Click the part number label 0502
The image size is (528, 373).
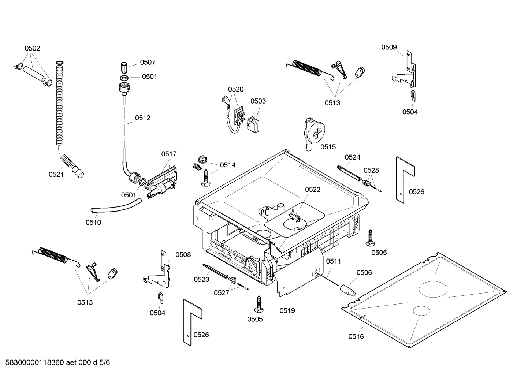(32, 48)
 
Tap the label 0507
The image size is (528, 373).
(148, 63)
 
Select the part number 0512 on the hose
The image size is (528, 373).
(142, 118)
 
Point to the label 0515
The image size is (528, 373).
(328, 147)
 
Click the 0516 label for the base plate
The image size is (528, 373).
(356, 336)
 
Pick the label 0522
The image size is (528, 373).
(312, 189)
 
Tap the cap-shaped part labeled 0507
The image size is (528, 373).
(124, 68)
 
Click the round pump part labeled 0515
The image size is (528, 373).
(313, 134)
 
